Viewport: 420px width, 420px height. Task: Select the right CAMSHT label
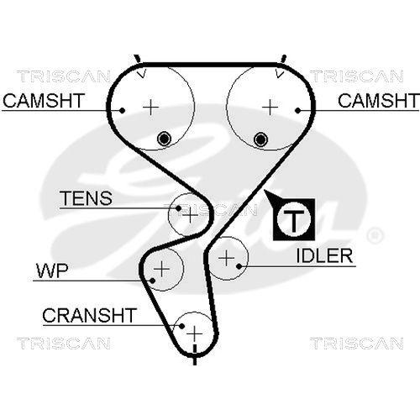tap(377, 102)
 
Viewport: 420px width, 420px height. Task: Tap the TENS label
tap(85, 199)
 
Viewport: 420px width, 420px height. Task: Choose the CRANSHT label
tap(88, 316)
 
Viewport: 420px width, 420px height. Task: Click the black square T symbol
tap(293, 221)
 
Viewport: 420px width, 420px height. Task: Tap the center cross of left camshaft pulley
tap(150, 107)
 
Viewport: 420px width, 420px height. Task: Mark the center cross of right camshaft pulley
tap(270, 107)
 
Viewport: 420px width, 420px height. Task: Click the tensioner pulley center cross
tap(189, 215)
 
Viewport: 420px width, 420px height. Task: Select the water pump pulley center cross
tap(161, 269)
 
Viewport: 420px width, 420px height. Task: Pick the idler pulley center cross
tap(227, 258)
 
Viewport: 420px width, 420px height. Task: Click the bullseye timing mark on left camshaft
tap(165, 138)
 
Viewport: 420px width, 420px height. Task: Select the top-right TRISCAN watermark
tap(351, 76)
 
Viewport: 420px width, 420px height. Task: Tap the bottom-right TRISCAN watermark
tap(351, 343)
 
